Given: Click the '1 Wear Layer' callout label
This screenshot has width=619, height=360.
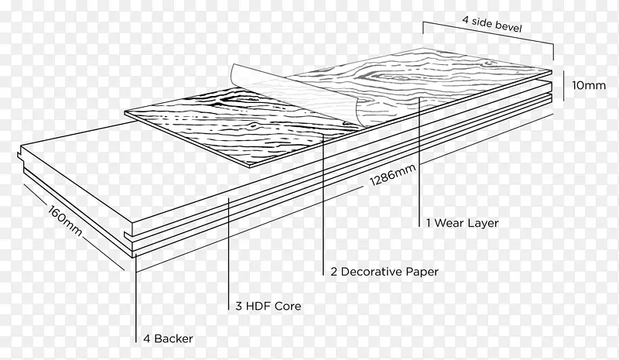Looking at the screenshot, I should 462,223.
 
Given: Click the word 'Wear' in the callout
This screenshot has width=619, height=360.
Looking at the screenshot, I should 450,223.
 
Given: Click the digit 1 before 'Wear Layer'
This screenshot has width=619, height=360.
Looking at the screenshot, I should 429,223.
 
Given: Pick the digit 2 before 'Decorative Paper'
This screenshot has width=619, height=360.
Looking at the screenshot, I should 333,272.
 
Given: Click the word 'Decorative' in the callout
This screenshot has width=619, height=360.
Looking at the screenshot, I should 371,272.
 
